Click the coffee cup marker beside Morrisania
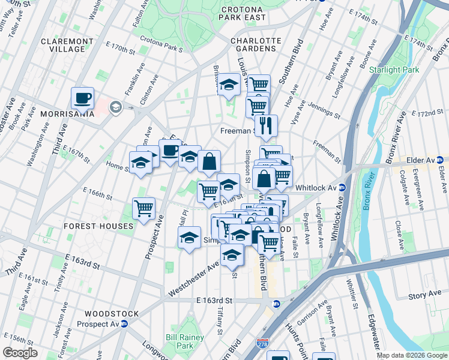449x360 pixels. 83,98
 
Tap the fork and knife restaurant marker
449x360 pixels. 266,126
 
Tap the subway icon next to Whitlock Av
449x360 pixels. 342,187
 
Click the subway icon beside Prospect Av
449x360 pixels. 124,324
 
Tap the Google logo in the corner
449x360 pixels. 20,353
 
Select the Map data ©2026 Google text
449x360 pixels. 411,355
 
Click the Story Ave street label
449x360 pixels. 425,295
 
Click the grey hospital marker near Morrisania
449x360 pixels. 115,107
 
